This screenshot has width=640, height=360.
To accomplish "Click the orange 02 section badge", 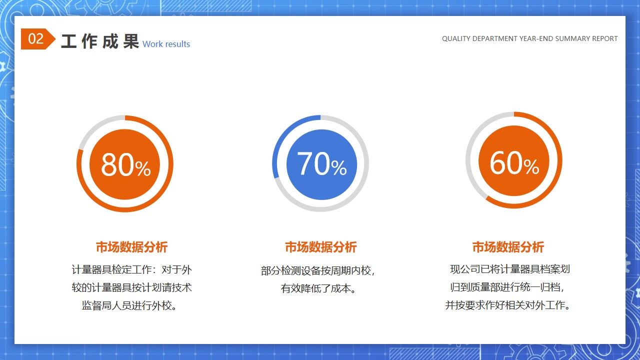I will pos(36,39).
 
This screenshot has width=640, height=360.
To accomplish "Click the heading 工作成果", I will pos(99,41).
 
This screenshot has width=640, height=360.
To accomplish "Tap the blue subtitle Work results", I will pos(166,44).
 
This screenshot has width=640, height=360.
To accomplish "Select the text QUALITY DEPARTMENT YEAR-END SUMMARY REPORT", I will pos(529,38).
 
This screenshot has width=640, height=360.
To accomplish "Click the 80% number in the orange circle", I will pos(125,164).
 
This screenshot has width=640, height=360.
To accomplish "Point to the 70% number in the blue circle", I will pos(321,163).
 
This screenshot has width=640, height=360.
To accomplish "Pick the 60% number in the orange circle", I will pos(514,162).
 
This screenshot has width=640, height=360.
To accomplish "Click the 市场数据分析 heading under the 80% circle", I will pos(131,247).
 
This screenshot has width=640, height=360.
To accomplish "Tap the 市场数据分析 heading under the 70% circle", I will pos(320,247).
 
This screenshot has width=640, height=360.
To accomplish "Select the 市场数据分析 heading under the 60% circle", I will pos(508,247).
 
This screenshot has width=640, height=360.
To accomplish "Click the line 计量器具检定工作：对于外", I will pos(131,270).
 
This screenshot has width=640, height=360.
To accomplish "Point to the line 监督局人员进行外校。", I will pos(130,305).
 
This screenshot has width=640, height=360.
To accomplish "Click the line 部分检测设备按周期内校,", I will pos(318,270).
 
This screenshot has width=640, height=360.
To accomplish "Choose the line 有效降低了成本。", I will pos(318,288).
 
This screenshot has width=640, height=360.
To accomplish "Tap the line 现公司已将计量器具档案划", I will pos(509,269).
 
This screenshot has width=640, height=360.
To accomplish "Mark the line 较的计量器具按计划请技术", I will pos(131,288).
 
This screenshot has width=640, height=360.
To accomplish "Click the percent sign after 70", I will pos(338,168).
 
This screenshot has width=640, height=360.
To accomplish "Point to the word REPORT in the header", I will pos(605,38).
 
